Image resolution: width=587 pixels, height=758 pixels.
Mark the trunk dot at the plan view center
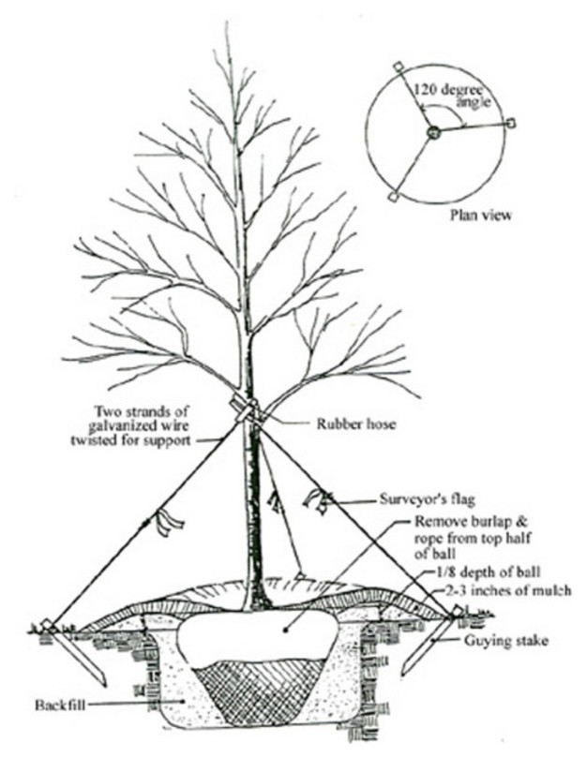(x=433, y=134)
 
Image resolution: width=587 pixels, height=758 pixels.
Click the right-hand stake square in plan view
(x=511, y=124)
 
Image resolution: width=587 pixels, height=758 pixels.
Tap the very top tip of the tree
(x=228, y=23)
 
